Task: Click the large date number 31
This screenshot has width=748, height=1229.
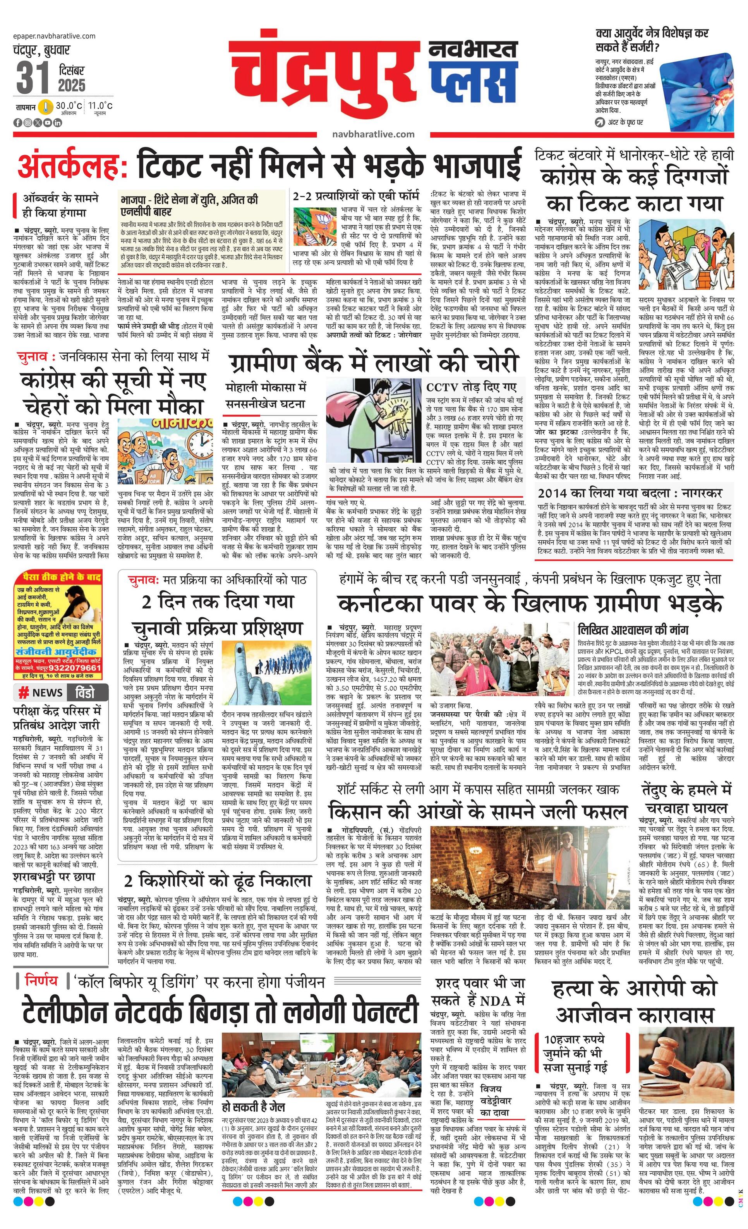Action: pos(33,77)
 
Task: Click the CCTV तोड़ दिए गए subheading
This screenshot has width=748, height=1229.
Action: pos(471,387)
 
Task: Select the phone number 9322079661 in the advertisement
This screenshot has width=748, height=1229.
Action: pos(73,668)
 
